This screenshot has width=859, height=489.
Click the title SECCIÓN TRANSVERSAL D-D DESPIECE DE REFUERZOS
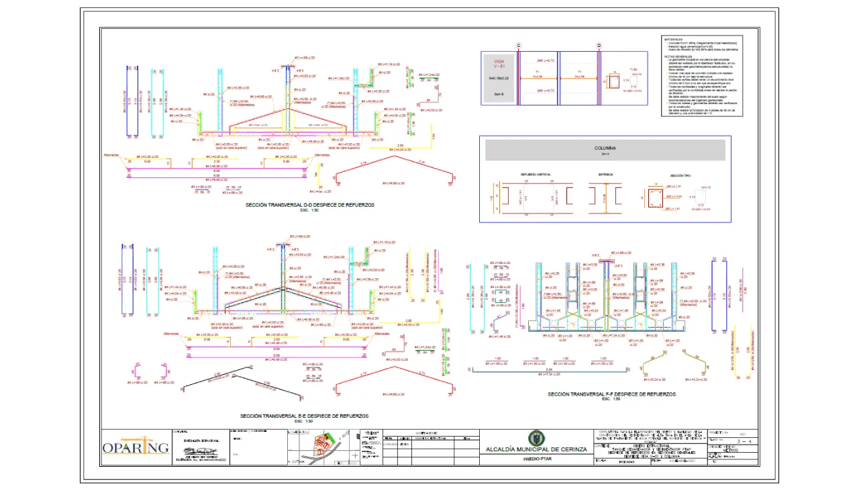click(x=310, y=205)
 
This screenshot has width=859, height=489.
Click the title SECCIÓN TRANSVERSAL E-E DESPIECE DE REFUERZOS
click(x=304, y=416)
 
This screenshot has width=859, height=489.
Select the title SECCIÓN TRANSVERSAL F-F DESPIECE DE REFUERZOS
click(x=611, y=395)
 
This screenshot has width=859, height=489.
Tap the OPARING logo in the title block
click(x=136, y=447)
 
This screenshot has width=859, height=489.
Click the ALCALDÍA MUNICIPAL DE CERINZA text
click(x=536, y=449)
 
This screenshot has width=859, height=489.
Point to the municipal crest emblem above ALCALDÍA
click(x=536, y=438)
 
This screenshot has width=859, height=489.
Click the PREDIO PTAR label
click(x=536, y=459)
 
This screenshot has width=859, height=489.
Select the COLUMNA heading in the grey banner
click(x=605, y=148)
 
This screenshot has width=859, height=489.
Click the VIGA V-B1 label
click(x=499, y=64)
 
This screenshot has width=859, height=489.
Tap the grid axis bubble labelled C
click(x=519, y=46)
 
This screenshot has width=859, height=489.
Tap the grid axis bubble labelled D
click(x=599, y=46)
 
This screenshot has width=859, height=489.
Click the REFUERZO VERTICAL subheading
click(x=536, y=175)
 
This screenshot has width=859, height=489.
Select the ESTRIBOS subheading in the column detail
click(x=605, y=175)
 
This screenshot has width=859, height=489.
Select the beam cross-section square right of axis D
click(x=613, y=82)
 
